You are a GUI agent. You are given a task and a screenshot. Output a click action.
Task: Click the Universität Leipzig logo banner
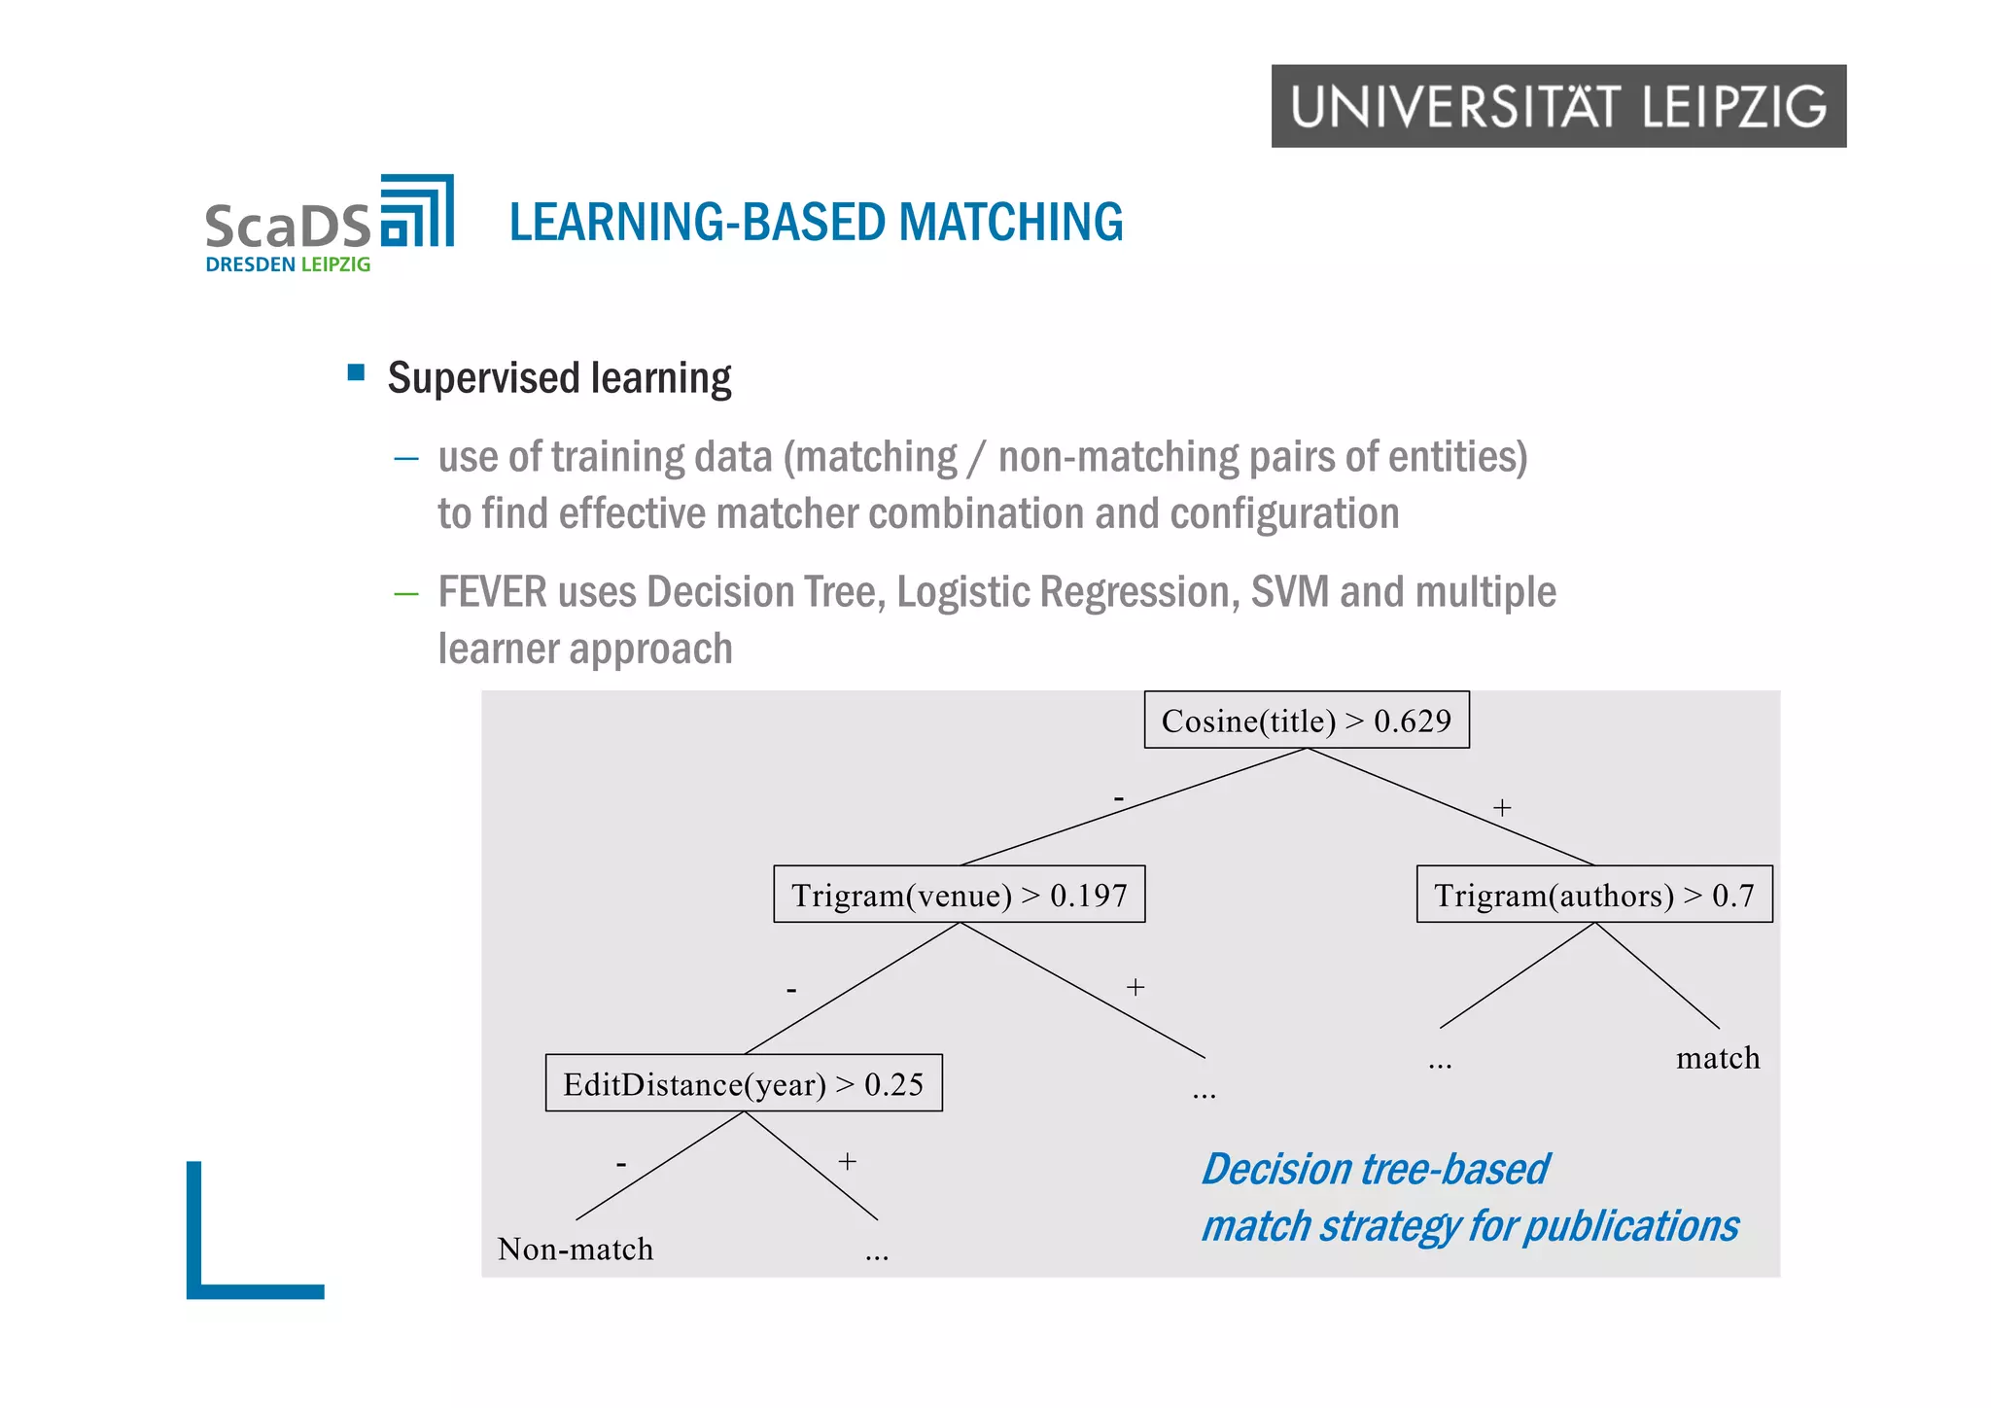(1557, 106)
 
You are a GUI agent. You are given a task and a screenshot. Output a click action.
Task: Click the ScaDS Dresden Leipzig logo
(329, 225)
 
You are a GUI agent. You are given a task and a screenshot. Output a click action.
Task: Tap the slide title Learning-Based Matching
(816, 222)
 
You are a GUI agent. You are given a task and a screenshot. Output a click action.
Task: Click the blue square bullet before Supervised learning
(356, 372)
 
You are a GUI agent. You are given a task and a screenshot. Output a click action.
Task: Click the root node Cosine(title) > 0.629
(1306, 721)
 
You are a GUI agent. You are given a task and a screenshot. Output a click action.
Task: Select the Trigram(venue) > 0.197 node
(959, 895)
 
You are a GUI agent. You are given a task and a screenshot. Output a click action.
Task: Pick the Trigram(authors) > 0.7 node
(1593, 895)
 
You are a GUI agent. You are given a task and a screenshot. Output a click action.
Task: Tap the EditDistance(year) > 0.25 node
(744, 1083)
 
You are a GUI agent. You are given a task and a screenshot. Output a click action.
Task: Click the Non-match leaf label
(576, 1250)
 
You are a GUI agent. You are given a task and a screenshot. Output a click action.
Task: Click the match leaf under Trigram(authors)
(1718, 1058)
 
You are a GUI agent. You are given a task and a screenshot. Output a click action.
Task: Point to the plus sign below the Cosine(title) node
(1502, 808)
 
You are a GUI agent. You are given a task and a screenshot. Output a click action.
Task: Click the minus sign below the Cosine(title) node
(1119, 799)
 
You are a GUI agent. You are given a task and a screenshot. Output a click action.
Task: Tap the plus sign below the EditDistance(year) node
(848, 1162)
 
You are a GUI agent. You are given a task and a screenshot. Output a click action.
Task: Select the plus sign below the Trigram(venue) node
(1135, 988)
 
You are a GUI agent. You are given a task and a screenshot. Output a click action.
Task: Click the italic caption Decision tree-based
(1374, 1169)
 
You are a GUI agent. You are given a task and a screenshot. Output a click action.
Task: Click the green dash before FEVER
(405, 593)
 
